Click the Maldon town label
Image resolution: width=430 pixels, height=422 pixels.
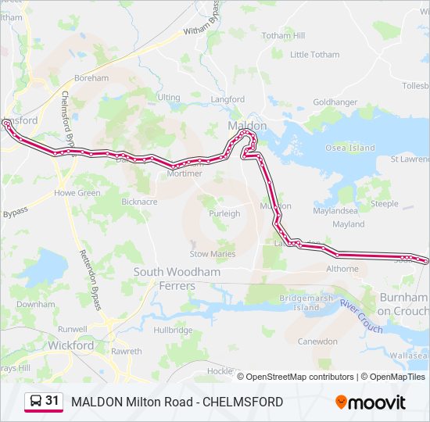click(247, 125)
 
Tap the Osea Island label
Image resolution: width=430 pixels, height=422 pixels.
click(350, 148)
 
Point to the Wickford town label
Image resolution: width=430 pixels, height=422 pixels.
click(70, 345)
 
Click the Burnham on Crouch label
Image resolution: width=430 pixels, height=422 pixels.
click(403, 304)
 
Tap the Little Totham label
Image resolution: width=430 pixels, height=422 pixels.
click(315, 55)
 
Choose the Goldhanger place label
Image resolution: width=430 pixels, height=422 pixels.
click(335, 102)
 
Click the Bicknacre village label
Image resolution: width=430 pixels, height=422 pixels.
click(139, 201)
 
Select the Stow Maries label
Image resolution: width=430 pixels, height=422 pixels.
click(213, 254)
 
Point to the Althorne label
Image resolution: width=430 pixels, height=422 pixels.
click(342, 269)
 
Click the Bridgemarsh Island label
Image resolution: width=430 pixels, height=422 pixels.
click(306, 302)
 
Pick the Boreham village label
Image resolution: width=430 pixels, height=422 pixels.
click(91, 78)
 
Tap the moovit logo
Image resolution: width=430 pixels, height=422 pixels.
click(371, 402)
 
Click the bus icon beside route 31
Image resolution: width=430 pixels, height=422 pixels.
click(35, 402)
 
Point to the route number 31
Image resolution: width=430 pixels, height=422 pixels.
click(52, 401)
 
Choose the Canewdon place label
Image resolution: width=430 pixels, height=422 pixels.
click(317, 342)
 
